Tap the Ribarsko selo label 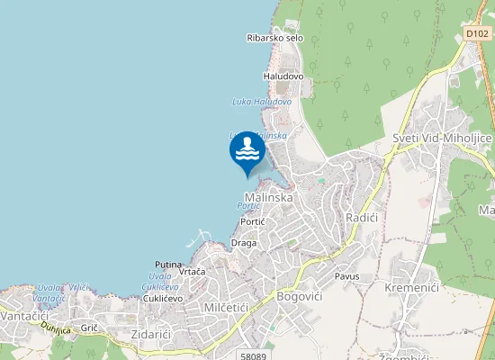click(274, 38)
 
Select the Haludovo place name click(283, 76)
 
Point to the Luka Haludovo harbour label click(262, 102)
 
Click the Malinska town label click(269, 197)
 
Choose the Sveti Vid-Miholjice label click(442, 137)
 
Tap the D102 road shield click(477, 33)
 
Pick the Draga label click(244, 243)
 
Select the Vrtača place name click(192, 271)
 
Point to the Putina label click(168, 265)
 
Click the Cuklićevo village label click(163, 298)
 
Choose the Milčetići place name click(213, 309)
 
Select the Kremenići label click(410, 287)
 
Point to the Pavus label click(346, 276)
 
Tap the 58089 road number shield click(255, 356)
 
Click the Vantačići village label click(24, 316)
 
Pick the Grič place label click(89, 329)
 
